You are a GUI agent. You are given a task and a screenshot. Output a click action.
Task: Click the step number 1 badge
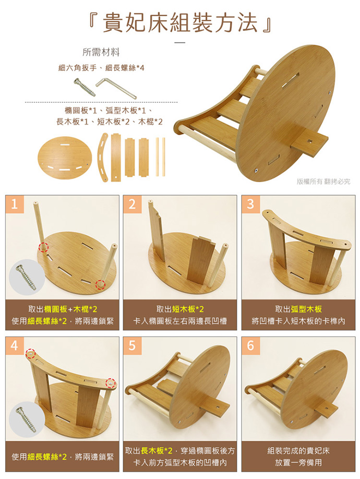[15, 204]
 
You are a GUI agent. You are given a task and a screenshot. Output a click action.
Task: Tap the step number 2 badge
[132, 204]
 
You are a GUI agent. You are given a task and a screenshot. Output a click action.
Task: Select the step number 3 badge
[250, 204]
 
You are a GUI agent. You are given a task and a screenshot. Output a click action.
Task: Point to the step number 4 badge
[15, 345]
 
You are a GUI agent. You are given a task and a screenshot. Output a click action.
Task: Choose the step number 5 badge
[132, 345]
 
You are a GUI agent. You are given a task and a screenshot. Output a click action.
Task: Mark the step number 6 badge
[250, 345]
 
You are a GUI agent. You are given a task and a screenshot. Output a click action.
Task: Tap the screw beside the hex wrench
[85, 87]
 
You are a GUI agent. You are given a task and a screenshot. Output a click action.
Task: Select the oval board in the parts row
[65, 158]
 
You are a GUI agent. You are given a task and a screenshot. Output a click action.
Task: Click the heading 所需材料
[101, 52]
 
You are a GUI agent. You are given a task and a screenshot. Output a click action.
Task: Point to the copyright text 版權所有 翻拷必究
[323, 182]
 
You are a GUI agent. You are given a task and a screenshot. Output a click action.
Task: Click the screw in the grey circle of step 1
[26, 277]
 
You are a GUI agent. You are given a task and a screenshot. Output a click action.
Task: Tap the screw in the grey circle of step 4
[26, 419]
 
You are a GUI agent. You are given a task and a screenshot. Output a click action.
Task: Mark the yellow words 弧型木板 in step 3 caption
[306, 309]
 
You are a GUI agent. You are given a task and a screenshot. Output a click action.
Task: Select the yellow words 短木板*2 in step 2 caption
[188, 309]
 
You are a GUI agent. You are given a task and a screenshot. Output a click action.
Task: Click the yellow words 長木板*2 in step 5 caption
[157, 451]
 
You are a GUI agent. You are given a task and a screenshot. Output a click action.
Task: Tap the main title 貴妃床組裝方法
[180, 23]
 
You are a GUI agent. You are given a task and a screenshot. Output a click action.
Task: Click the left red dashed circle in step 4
[30, 353]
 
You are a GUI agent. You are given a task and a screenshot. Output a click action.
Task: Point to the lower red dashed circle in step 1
[100, 284]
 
